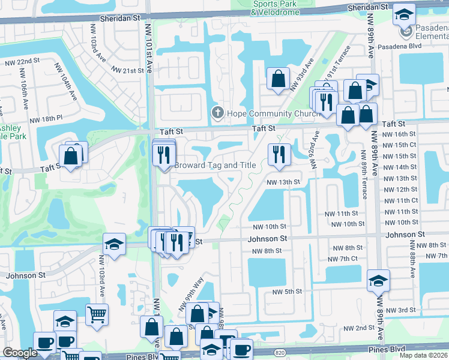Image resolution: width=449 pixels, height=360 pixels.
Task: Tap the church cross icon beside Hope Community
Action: click(x=217, y=113)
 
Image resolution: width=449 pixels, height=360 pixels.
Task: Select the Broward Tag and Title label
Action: click(x=215, y=165)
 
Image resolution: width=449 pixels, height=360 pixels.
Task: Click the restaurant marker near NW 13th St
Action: click(x=279, y=153)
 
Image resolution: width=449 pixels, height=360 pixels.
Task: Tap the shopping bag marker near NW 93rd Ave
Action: click(x=278, y=78)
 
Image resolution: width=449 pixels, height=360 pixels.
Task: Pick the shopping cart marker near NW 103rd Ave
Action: click(x=97, y=313)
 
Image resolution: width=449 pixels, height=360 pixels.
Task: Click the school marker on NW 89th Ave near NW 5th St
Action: click(x=378, y=280)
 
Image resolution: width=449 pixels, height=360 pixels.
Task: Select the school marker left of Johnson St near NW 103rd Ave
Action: click(x=114, y=244)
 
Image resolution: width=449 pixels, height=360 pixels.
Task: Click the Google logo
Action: click(x=20, y=353)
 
